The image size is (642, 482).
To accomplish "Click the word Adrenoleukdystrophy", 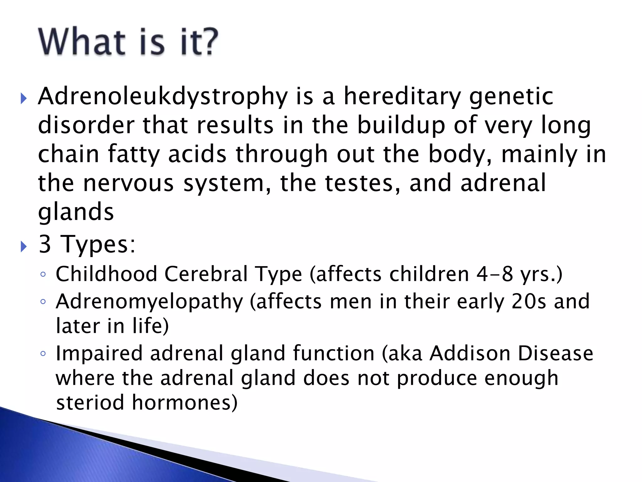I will point(163,96).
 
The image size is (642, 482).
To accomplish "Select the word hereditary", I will point(402,96).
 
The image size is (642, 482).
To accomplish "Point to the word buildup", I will point(401,125).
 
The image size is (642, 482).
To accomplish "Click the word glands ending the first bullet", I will point(76,212).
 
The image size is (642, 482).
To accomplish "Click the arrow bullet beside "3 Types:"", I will point(24,247).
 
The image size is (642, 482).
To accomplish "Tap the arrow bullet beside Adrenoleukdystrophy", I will point(24,99).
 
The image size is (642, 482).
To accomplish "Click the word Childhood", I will point(106,274).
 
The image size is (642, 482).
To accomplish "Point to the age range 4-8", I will point(495,274).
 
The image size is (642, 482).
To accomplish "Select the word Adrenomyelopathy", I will point(149,302).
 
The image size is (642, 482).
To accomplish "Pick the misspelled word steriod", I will point(90,403).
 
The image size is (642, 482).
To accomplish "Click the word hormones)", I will point(185,403).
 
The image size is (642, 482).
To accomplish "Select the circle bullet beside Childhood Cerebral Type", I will point(43,275).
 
